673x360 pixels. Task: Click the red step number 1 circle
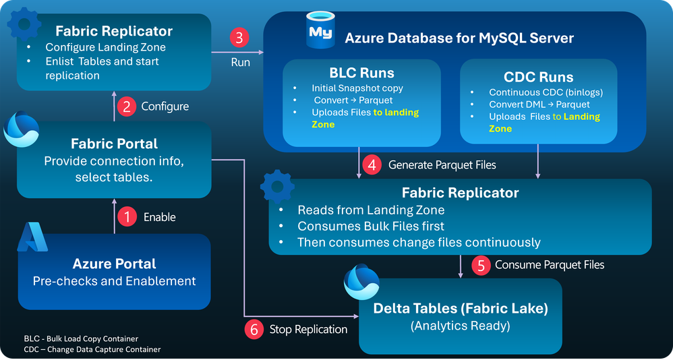pos(125,217)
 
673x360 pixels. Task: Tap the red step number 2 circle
pos(125,106)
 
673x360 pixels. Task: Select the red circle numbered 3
pos(240,37)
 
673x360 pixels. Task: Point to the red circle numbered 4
pos(372,164)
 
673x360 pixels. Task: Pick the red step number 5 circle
pos(480,264)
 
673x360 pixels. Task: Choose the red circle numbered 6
pos(254,329)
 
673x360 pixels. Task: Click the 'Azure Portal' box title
pos(114,263)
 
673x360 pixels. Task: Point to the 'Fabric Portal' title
pos(114,144)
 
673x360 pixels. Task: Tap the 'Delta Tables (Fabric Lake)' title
pos(460,309)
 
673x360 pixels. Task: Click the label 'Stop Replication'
pos(308,329)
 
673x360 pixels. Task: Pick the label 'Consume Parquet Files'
pos(550,264)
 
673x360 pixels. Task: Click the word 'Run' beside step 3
pos(240,62)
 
